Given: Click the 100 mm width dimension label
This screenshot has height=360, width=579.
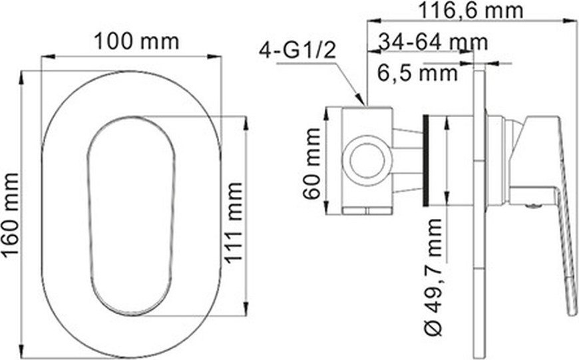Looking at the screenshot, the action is pyautogui.click(x=136, y=42).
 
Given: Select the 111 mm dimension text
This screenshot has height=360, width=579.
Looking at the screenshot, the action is pyautogui.click(x=234, y=223).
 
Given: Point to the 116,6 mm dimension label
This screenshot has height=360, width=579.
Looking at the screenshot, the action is pyautogui.click(x=471, y=11).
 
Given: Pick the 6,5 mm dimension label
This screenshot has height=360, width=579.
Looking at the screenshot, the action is pyautogui.click(x=418, y=73).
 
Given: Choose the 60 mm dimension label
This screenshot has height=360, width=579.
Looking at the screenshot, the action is pyautogui.click(x=312, y=164).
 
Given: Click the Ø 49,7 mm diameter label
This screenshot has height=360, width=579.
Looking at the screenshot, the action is pyautogui.click(x=433, y=277).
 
